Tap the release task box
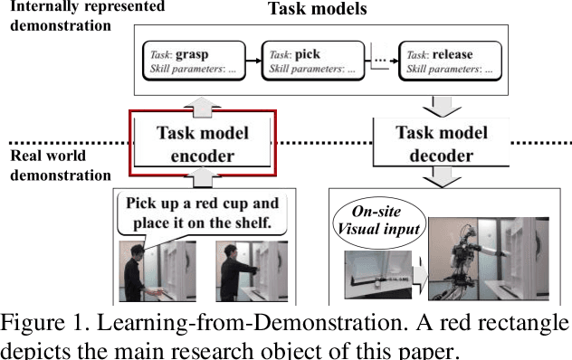(x=449, y=61)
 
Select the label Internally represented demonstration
(x=82, y=14)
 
